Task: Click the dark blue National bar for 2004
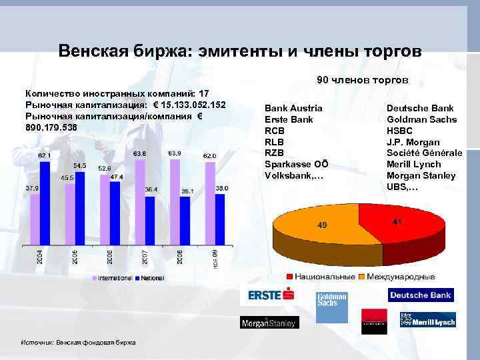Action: tap(45, 204)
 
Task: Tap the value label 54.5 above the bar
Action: tap(79, 165)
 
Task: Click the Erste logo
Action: tap(267, 295)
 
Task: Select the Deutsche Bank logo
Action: tap(420, 295)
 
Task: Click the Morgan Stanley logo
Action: tap(269, 323)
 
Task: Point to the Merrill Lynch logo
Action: tap(427, 319)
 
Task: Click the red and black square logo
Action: tap(374, 321)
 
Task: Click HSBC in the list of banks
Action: tap(400, 131)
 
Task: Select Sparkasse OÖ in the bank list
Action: tap(297, 164)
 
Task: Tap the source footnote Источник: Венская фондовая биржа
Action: tap(79, 343)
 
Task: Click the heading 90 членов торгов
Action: tap(362, 80)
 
